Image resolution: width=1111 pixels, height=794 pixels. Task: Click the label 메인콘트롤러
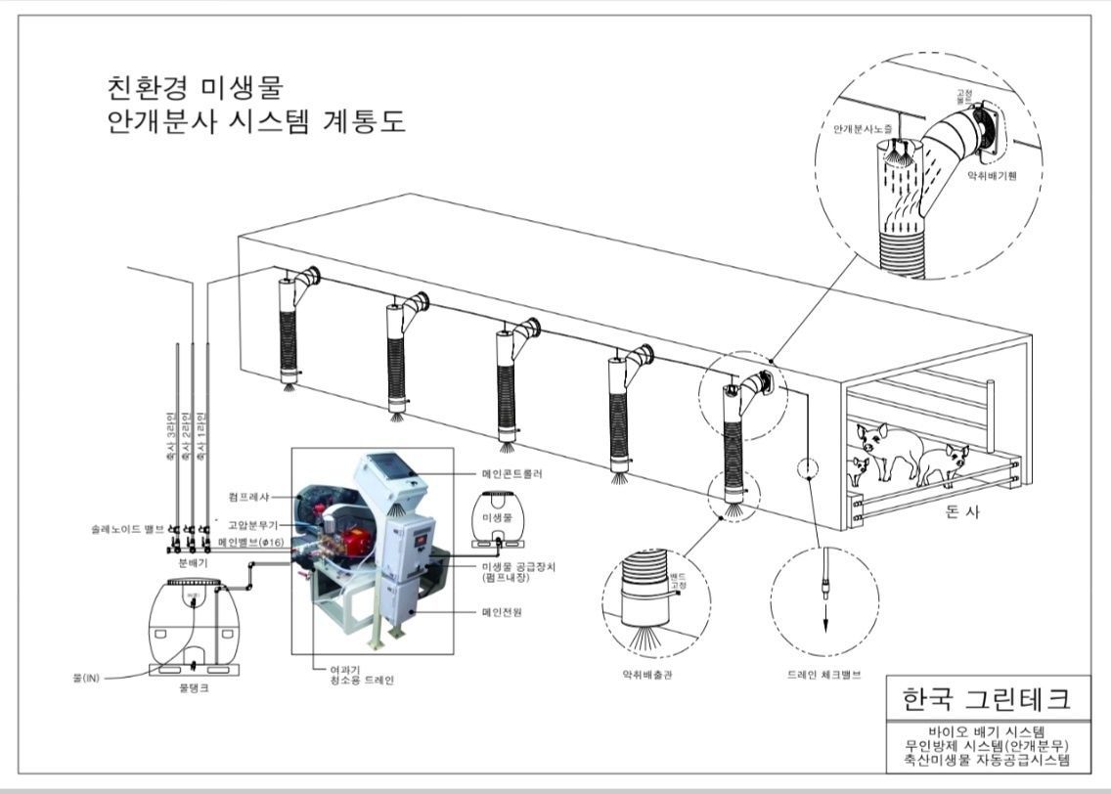pyautogui.click(x=511, y=473)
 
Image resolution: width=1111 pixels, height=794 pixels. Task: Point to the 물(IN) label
pyautogui.click(x=86, y=676)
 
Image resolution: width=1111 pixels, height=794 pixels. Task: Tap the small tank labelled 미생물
pyautogui.click(x=497, y=516)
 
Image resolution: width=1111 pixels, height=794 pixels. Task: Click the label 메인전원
pyautogui.click(x=502, y=611)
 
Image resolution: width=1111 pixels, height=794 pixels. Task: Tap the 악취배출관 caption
pyautogui.click(x=646, y=674)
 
